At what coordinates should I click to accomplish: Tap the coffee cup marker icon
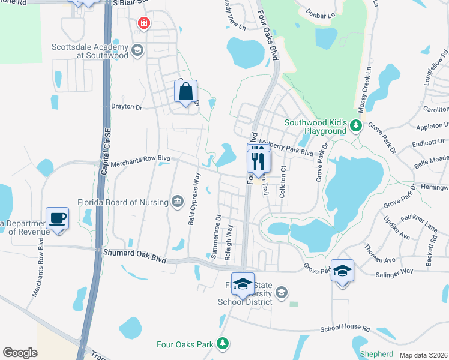point(58,218)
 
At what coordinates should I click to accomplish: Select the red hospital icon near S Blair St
point(143,23)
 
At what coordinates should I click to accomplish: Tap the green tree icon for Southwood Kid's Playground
point(356,125)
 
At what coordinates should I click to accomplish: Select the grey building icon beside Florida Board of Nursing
point(178,201)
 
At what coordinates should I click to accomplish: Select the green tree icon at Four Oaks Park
point(223,343)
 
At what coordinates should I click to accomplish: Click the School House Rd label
point(345,329)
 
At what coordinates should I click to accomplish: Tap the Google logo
point(20,353)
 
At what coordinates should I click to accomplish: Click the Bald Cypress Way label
point(193,200)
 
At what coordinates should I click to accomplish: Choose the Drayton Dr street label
point(127,107)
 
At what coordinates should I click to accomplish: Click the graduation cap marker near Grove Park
point(342,271)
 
